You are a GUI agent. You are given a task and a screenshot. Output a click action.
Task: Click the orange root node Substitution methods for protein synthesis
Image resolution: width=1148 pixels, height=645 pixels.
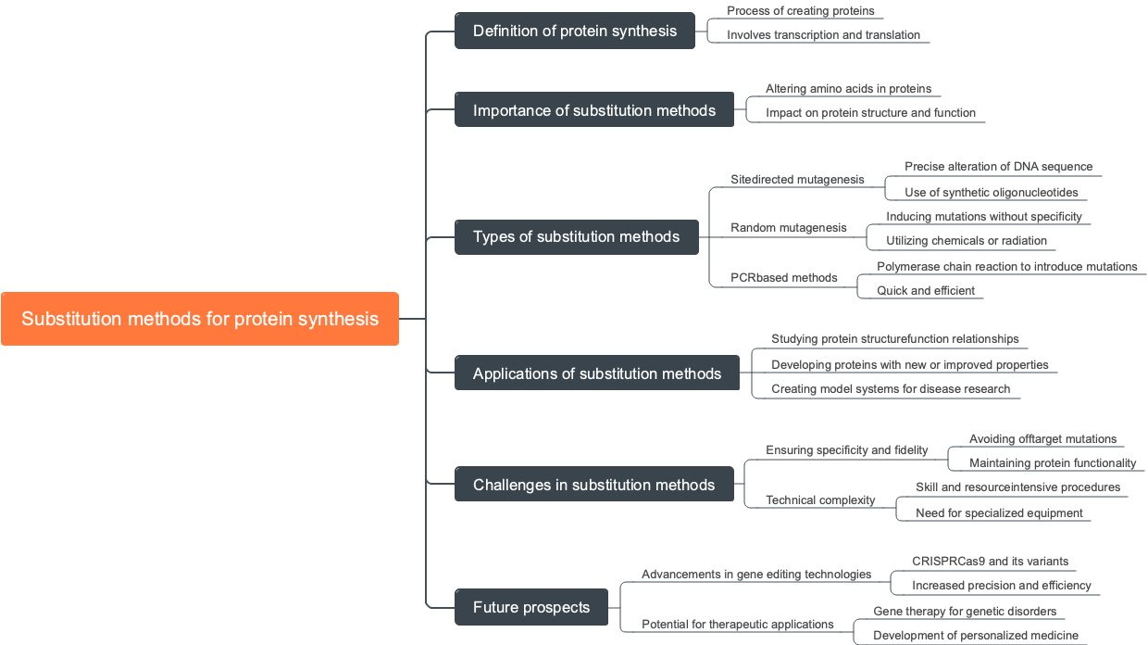200,319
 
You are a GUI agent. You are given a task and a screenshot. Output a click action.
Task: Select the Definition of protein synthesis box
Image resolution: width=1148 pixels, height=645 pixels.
574,31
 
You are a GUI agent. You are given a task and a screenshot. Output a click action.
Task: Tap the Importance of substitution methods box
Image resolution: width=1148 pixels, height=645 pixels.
593,110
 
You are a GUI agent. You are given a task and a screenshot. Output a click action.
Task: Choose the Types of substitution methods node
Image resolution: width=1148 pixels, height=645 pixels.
576,236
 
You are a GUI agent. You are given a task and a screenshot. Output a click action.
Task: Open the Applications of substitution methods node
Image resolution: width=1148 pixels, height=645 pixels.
596,373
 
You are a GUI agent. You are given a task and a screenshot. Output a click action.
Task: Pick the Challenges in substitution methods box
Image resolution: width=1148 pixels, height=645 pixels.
593,485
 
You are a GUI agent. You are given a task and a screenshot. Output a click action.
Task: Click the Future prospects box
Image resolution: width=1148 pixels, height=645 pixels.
530,607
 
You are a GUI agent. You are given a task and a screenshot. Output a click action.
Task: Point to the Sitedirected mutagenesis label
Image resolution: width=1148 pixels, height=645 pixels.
797,180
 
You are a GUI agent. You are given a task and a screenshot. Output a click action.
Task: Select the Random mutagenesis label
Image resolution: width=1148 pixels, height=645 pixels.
788,228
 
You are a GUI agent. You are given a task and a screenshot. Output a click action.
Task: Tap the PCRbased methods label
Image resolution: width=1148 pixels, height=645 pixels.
783,278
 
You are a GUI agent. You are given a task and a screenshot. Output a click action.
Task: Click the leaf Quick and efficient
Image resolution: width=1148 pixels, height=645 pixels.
926,291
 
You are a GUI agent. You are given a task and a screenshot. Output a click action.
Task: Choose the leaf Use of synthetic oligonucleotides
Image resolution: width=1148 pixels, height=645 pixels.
991,193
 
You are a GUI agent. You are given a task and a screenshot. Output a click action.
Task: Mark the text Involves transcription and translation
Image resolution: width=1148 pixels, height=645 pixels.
823,35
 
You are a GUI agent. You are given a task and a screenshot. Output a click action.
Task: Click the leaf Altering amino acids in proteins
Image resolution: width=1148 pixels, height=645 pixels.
848,89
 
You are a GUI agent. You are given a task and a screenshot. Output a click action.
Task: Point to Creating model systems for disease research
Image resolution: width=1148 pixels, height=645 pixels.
891,389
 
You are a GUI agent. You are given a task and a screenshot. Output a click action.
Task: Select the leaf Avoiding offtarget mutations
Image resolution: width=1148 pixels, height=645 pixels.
1042,439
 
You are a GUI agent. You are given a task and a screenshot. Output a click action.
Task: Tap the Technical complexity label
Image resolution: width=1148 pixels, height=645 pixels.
820,500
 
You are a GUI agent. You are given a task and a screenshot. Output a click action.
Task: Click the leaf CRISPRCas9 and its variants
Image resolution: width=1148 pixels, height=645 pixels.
990,562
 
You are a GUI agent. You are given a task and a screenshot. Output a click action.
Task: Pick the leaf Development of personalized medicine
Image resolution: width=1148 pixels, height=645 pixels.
975,636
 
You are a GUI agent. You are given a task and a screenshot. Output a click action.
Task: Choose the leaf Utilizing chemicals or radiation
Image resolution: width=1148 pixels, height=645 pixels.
966,241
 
